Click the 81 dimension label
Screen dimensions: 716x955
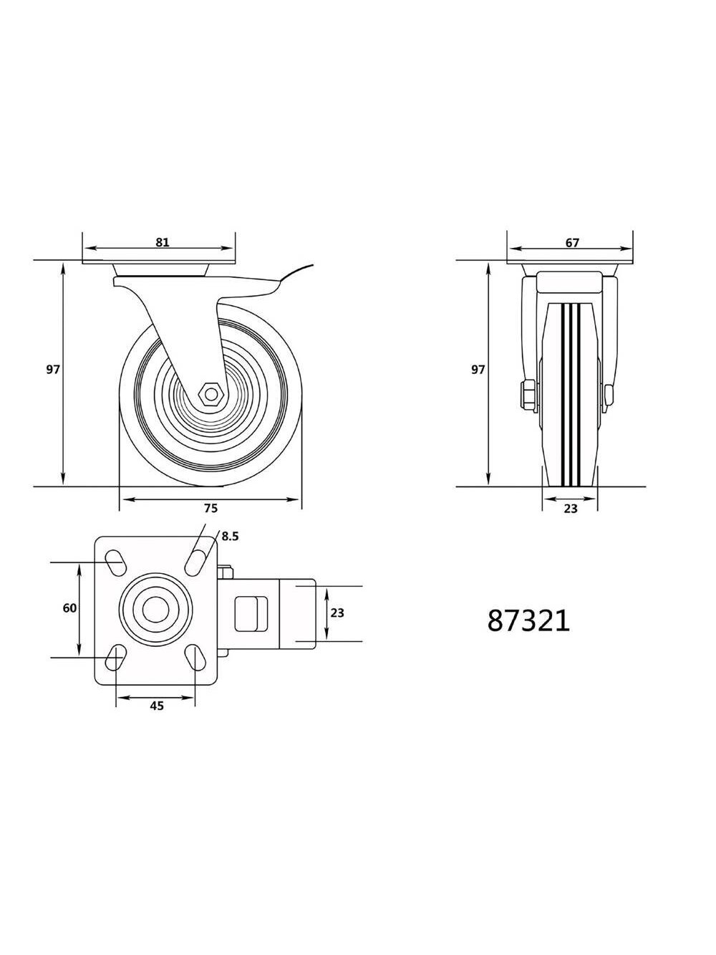(162, 242)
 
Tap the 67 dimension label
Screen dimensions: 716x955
(572, 243)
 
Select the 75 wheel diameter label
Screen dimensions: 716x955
(211, 508)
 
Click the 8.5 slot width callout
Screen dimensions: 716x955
(230, 537)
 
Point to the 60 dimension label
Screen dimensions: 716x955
(69, 608)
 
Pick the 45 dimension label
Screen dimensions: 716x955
(157, 706)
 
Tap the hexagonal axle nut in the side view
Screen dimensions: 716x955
(211, 395)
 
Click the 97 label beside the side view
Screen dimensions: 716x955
(52, 370)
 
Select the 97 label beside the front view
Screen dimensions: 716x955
(478, 370)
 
